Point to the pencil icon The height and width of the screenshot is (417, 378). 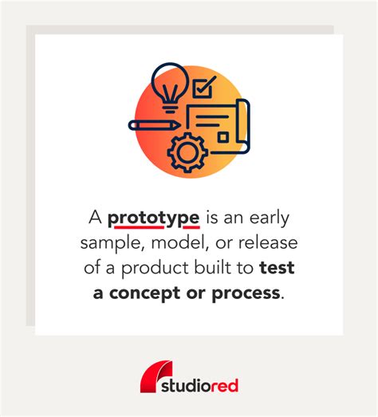pos(154,125)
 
